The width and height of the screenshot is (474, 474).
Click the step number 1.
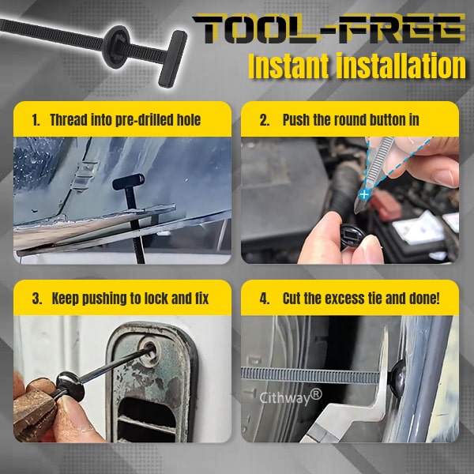[x=36, y=121]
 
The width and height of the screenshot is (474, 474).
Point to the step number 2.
[x=265, y=121]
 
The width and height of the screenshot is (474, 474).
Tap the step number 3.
[x=36, y=299]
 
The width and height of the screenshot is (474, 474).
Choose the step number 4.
[x=265, y=299]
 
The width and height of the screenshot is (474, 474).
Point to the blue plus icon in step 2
[x=363, y=193]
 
